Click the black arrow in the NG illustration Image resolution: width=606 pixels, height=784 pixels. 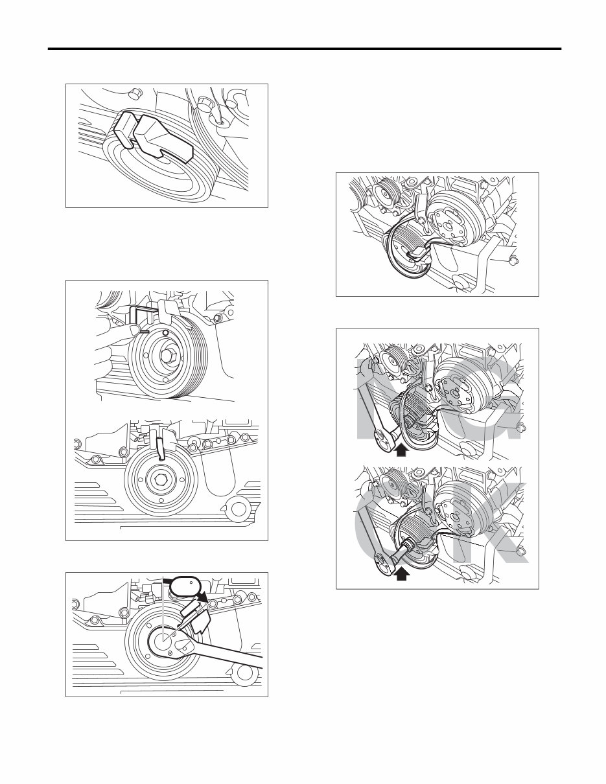click(x=401, y=449)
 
